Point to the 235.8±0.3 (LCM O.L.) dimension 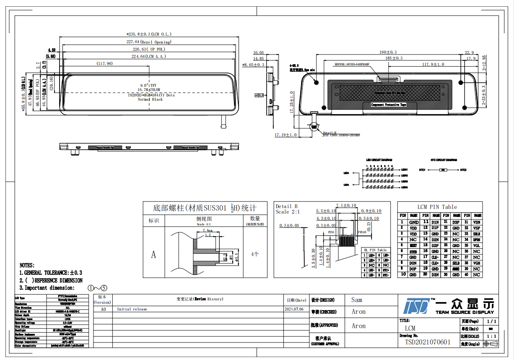coord(150,34)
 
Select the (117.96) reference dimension coord(104,63)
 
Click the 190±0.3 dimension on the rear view coord(388,52)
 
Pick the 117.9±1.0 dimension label coord(427,64)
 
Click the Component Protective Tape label coord(389,105)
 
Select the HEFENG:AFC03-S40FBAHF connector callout coord(352,65)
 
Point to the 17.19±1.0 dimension coord(286,135)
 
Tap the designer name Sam coord(357,300)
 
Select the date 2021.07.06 coord(294,309)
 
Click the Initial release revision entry coord(132,309)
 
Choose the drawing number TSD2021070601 coord(428,342)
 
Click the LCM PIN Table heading coord(437,207)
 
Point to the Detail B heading coord(286,206)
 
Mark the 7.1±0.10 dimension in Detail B coord(346,206)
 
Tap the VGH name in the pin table coord(477,263)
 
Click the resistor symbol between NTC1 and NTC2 coord(443,170)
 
